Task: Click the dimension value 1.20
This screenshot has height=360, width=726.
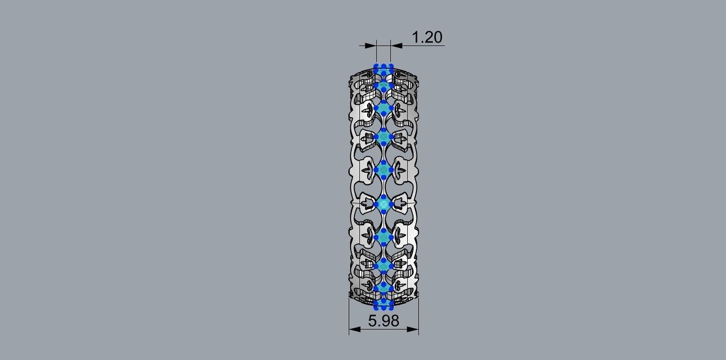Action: [427, 37]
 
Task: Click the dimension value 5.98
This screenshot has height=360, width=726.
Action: [384, 320]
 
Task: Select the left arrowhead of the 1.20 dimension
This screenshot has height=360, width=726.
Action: [371, 45]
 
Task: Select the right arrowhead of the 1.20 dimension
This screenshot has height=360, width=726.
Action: [396, 45]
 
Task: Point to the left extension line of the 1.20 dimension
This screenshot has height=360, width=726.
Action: [376, 53]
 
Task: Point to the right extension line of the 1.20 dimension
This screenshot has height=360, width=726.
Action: [390, 53]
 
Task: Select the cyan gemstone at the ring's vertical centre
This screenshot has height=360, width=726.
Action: [384, 205]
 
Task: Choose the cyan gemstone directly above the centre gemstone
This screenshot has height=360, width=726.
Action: [384, 170]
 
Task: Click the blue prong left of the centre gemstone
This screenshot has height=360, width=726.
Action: [376, 205]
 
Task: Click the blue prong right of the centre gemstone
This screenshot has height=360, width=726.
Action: [391, 205]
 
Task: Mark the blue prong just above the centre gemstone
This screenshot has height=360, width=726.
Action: [384, 197]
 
